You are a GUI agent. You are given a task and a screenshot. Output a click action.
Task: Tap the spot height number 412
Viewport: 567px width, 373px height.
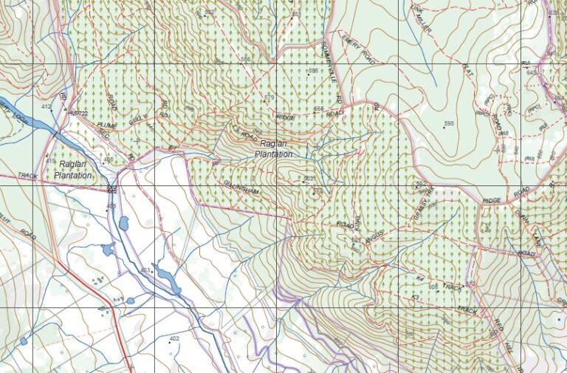click(x=47, y=107)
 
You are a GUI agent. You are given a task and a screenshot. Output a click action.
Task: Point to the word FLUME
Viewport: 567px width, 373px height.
click(x=107, y=126)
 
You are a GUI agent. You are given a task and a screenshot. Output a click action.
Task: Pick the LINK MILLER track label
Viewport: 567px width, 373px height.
click(x=421, y=18)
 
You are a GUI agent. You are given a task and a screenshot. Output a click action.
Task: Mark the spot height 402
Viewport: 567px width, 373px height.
click(x=174, y=338)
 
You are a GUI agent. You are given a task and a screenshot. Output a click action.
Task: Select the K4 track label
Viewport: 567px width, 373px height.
click(x=419, y=279)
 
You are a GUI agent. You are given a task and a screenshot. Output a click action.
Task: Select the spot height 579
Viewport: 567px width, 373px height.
click(x=268, y=97)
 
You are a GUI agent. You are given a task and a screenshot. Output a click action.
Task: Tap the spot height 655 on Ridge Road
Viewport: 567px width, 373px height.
click(x=318, y=109)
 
